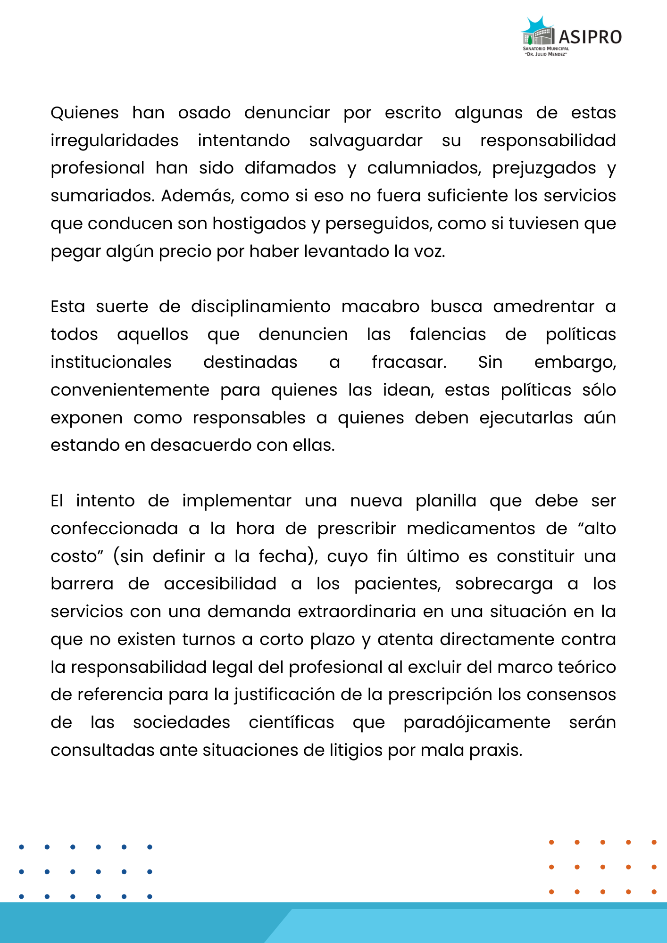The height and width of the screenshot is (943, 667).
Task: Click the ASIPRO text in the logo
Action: tap(590, 37)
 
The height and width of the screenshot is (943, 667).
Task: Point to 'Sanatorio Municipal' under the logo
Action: tap(546, 49)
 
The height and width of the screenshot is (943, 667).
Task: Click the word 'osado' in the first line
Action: tap(204, 113)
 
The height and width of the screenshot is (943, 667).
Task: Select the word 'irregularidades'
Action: tap(115, 141)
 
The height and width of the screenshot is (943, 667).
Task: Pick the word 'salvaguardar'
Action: tap(366, 141)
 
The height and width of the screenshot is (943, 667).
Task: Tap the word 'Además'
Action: tap(197, 196)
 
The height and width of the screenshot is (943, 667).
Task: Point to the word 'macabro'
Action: tap(380, 307)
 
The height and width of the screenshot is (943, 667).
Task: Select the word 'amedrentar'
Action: tap(543, 307)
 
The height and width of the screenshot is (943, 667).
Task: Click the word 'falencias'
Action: tap(448, 335)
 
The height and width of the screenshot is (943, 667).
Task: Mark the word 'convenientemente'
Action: tap(130, 390)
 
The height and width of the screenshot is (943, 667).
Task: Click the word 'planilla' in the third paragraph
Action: tap(446, 501)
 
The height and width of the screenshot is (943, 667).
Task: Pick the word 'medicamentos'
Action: tap(471, 529)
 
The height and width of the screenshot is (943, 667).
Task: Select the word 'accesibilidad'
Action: tap(220, 584)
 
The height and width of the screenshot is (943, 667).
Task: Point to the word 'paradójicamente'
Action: tap(477, 723)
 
